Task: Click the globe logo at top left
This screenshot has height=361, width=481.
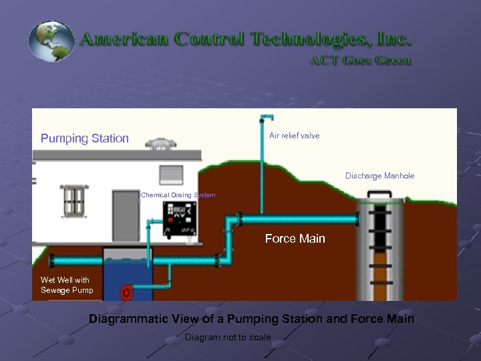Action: (x=51, y=41)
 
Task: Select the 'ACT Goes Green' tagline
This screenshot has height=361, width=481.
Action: (x=360, y=59)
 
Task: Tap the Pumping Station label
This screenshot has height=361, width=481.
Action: (x=85, y=138)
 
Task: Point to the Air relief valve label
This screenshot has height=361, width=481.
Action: (x=294, y=136)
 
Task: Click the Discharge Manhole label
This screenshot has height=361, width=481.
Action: (x=379, y=176)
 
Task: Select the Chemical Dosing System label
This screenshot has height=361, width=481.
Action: (x=178, y=195)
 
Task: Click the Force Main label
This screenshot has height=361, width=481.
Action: (x=295, y=239)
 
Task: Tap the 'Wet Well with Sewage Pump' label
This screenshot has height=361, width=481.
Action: (x=65, y=285)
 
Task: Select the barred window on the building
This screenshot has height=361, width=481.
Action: (x=71, y=201)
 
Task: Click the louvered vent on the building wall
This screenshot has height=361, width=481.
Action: (x=170, y=175)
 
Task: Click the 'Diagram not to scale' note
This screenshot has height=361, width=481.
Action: (x=228, y=337)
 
